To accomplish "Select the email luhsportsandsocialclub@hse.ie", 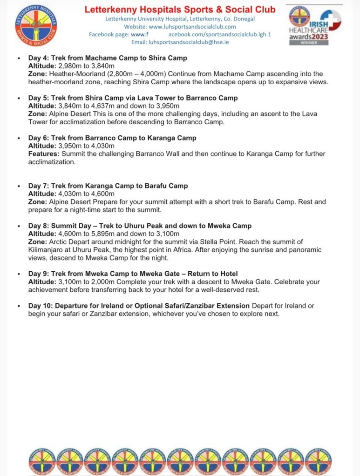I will (x=180, y=42).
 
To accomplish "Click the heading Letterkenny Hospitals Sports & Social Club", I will (x=180, y=9).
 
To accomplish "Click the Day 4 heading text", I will (x=108, y=58).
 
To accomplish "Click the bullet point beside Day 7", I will (x=18, y=186).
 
